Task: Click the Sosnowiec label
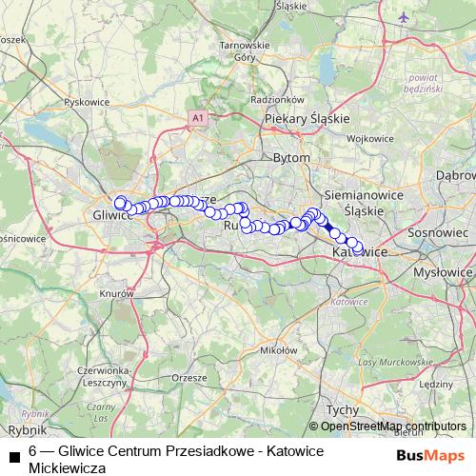click(439, 231)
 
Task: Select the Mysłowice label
click(444, 272)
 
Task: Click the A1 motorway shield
click(197, 117)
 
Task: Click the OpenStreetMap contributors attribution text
click(392, 426)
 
